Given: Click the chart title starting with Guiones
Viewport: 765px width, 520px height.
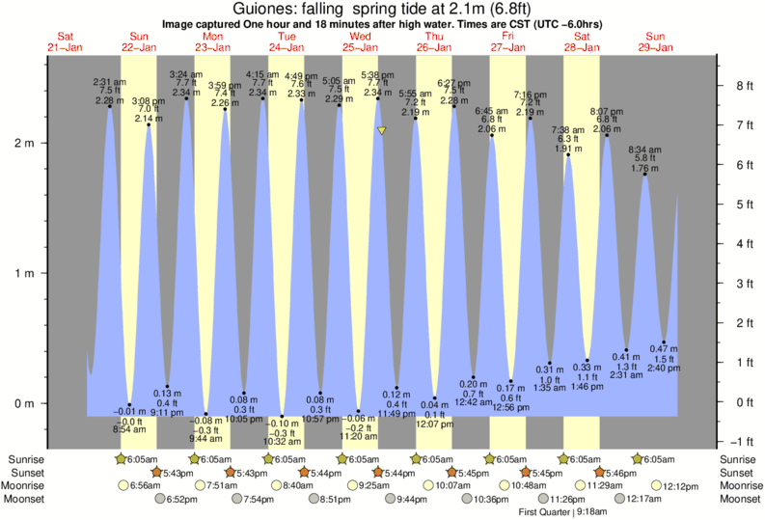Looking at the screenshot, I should pyautogui.click(x=382, y=9).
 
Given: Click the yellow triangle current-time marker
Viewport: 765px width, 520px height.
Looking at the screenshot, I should pyautogui.click(x=382, y=130).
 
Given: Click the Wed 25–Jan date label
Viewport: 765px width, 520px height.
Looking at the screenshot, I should pyautogui.click(x=360, y=41).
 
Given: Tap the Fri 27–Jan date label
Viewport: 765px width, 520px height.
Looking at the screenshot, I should pyautogui.click(x=507, y=41).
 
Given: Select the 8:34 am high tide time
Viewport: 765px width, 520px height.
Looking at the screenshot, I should pyautogui.click(x=643, y=150).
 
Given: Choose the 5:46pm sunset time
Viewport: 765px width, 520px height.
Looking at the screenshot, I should pyautogui.click(x=620, y=473).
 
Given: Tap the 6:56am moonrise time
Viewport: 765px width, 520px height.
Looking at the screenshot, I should pyautogui.click(x=145, y=485).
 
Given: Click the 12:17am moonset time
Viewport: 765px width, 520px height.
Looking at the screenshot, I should pyautogui.click(x=645, y=499).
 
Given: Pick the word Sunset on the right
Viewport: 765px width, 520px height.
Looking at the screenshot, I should pyautogui.click(x=738, y=473).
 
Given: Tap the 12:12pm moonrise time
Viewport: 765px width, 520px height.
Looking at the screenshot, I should pyautogui.click(x=675, y=485).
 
